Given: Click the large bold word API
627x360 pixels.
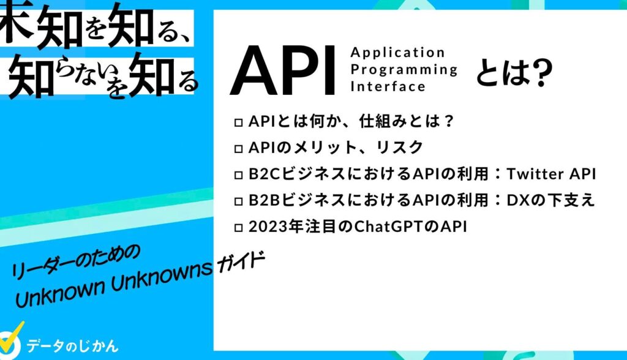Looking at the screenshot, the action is pyautogui.click(x=282, y=71).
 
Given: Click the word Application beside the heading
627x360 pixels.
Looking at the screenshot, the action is pyautogui.click(x=398, y=53).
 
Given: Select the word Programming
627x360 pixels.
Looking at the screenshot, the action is pyautogui.click(x=404, y=70).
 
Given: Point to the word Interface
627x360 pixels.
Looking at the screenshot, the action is pyautogui.click(x=388, y=86).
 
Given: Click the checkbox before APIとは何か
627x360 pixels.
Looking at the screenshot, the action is pyautogui.click(x=239, y=122).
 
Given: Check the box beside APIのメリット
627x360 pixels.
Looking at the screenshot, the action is pyautogui.click(x=239, y=149).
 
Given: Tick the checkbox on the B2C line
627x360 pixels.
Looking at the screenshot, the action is pyautogui.click(x=239, y=175).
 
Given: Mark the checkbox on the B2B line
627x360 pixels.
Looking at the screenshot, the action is pyautogui.click(x=239, y=201).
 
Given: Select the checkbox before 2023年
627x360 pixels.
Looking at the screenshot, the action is pyautogui.click(x=239, y=228).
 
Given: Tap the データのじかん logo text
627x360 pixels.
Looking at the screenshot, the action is pyautogui.click(x=72, y=345).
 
